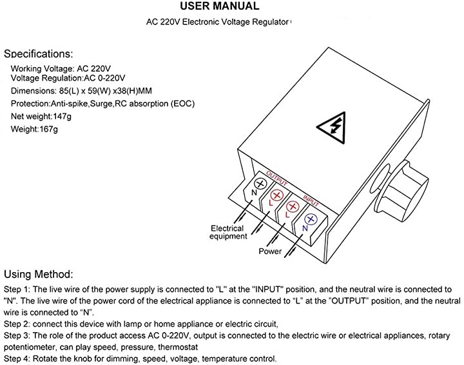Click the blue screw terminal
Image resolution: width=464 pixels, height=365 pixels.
(x=309, y=219)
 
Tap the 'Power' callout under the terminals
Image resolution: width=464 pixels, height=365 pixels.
(x=270, y=251)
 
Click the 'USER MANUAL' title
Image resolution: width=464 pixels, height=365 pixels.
(x=220, y=7)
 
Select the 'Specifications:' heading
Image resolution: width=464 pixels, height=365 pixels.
(x=39, y=54)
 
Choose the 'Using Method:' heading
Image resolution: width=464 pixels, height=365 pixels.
(x=39, y=274)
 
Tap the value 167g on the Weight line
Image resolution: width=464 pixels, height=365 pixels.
(x=47, y=129)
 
